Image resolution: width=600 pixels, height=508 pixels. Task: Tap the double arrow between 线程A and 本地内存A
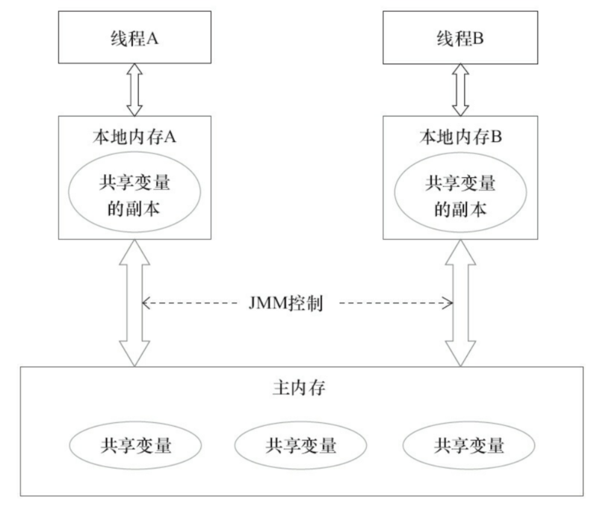tap(135, 88)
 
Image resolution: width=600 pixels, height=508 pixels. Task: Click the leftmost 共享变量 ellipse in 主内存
tap(136, 446)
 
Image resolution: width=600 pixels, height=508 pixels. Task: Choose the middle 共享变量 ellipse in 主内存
tap(300, 446)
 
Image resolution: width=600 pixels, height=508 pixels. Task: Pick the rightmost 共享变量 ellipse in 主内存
tap(468, 446)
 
